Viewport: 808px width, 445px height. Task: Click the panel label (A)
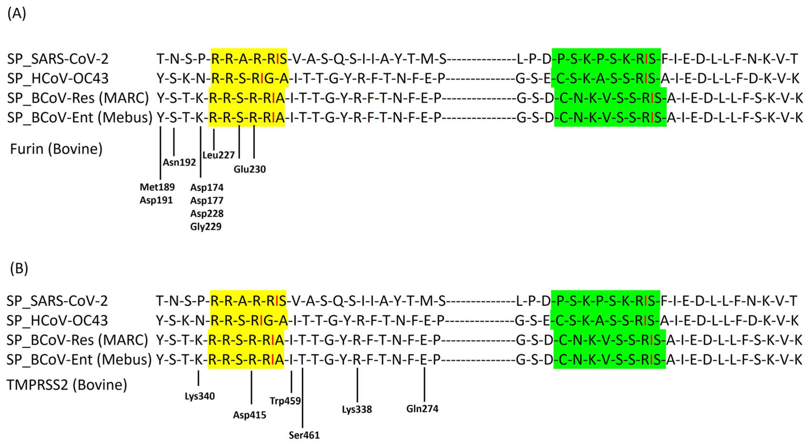(x=17, y=14)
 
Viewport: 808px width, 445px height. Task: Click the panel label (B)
(x=19, y=268)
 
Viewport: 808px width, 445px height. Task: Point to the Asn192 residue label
(x=179, y=162)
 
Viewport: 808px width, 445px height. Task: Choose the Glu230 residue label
(x=250, y=169)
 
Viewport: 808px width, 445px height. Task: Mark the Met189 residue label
(x=157, y=187)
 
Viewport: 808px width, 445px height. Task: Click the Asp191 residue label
(x=156, y=200)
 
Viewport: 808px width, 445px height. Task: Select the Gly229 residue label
(x=206, y=226)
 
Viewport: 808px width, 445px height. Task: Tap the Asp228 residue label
(x=207, y=213)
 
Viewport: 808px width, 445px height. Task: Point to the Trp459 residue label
(x=285, y=401)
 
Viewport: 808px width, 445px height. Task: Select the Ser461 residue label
(x=304, y=435)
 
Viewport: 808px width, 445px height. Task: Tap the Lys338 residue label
(x=357, y=410)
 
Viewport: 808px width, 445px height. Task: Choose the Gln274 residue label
(x=422, y=409)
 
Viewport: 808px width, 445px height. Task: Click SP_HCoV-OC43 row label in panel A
(x=58, y=78)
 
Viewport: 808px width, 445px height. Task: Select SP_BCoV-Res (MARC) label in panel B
(x=77, y=340)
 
